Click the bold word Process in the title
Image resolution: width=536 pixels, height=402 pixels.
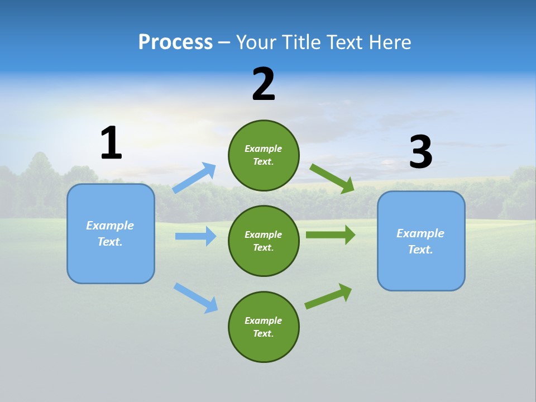[x=175, y=42]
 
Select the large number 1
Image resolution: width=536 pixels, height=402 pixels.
[x=111, y=143]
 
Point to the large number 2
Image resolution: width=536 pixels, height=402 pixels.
[x=264, y=84]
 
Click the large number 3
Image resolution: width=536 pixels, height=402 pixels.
[x=420, y=152]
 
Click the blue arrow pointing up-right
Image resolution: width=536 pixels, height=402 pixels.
[x=194, y=178]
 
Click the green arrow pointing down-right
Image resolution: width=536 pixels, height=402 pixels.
[x=332, y=178]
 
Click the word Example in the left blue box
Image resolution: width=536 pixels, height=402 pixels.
[x=110, y=226]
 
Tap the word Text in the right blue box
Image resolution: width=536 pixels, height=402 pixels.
[x=419, y=250]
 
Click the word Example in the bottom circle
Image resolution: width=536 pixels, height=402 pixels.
[x=263, y=320]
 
